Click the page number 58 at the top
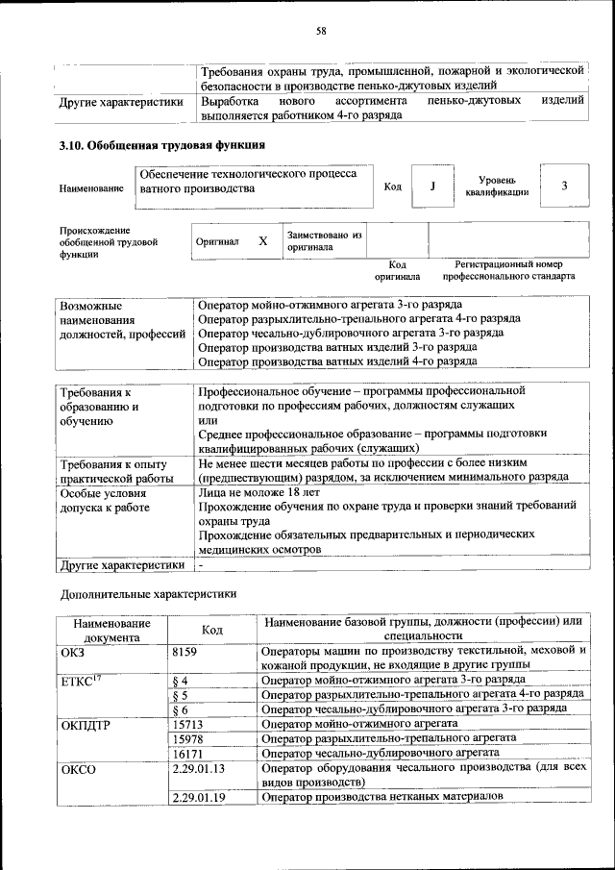pos(322,32)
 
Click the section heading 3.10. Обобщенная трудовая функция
pos(162,145)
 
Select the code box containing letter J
pos(432,186)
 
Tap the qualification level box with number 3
pos(564,186)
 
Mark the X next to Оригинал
pos(262,242)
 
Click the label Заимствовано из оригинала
pos(324,240)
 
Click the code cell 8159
pos(185,651)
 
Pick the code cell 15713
pos(188,723)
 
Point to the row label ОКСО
pos(79,769)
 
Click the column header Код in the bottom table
pos(212,629)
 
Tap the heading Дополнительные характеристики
pos(148,594)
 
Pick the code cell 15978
pos(188,737)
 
